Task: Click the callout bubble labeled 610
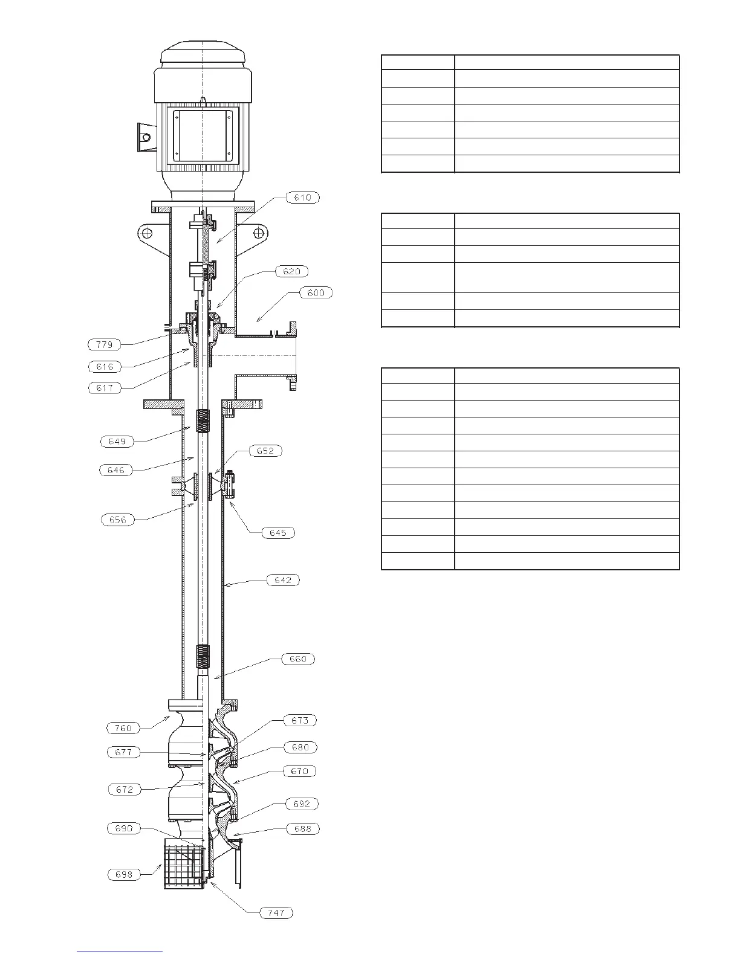coord(302,198)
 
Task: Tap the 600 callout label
coord(316,293)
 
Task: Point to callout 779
coord(104,344)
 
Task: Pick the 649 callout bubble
coord(117,441)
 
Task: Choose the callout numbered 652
coord(265,451)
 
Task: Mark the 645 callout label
coord(278,532)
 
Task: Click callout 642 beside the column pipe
coord(283,580)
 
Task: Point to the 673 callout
coord(300,720)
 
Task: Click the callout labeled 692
coord(302,804)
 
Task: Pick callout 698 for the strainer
coord(124,874)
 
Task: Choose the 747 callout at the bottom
coord(276,913)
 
